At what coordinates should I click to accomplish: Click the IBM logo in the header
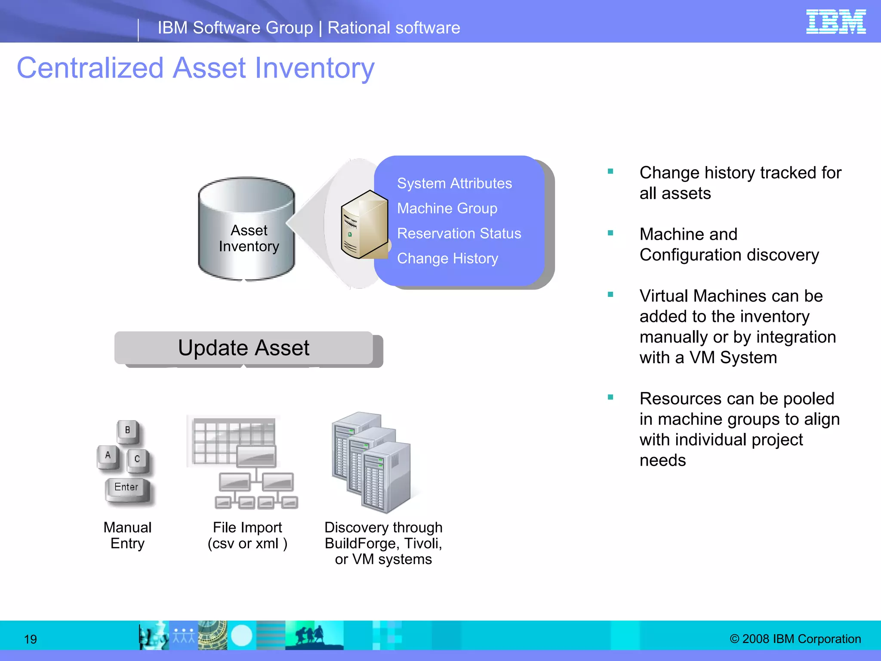(835, 22)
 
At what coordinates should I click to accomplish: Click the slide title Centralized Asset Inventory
(196, 68)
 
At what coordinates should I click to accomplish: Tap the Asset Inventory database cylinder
(246, 228)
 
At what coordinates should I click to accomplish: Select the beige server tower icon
(364, 225)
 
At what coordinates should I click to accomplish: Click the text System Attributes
(454, 183)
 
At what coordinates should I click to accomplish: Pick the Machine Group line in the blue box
(447, 208)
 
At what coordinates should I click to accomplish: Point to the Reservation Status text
(459, 233)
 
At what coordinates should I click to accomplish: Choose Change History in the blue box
(447, 258)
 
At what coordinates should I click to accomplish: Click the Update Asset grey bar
(244, 348)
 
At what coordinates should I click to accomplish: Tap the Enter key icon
(127, 488)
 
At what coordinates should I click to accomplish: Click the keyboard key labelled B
(127, 430)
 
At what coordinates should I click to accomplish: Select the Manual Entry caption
(127, 535)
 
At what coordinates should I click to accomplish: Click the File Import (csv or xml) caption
(247, 535)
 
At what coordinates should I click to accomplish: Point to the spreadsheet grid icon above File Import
(232, 441)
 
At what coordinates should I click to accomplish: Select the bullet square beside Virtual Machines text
(610, 295)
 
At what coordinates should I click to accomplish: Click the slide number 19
(30, 639)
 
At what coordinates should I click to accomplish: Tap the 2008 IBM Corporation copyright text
(795, 639)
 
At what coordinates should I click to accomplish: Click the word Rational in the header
(359, 28)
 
